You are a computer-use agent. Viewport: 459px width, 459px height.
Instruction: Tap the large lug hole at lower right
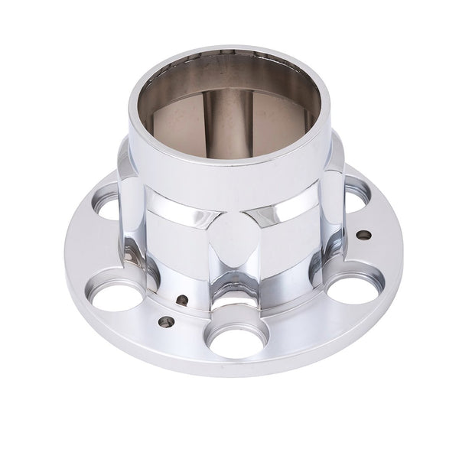click(353, 288)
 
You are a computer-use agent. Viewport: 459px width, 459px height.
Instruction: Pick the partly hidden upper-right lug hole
click(356, 195)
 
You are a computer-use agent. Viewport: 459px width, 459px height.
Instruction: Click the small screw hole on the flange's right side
click(364, 235)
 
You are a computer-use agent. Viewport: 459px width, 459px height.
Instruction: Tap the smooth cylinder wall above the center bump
click(229, 187)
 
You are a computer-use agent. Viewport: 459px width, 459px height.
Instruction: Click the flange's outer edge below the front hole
click(237, 370)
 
